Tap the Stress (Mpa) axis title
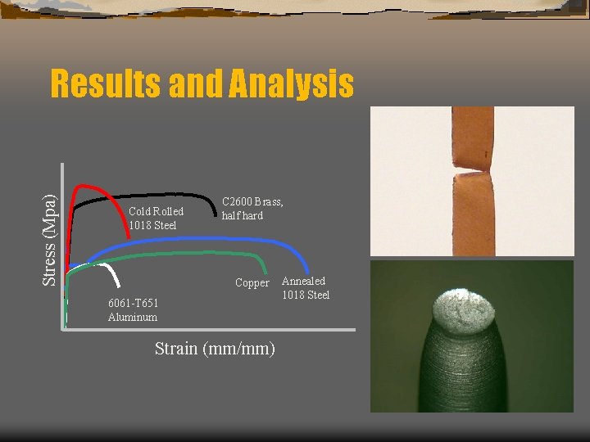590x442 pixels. pyautogui.click(x=50, y=237)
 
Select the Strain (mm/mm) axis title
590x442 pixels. pyautogui.click(x=215, y=349)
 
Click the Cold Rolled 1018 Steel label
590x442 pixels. pyautogui.click(x=156, y=219)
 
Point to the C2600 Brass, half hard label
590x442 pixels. pyautogui.click(x=252, y=209)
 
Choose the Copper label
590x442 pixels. pyautogui.click(x=252, y=283)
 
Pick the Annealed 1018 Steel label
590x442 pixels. pyautogui.click(x=305, y=288)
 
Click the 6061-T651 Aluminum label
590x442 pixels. pyautogui.click(x=133, y=310)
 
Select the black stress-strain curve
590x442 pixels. pyautogui.click(x=164, y=196)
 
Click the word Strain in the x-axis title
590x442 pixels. pyautogui.click(x=177, y=349)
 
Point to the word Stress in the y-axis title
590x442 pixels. pyautogui.click(x=50, y=263)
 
